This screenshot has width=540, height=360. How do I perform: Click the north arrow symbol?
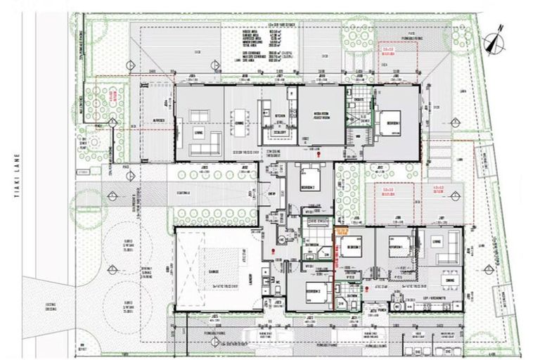(x=498, y=37)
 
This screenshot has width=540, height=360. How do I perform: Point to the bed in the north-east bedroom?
(x=391, y=117)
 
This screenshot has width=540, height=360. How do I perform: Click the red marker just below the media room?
(x=320, y=153)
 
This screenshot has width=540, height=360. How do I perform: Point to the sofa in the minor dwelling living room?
(x=451, y=246)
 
